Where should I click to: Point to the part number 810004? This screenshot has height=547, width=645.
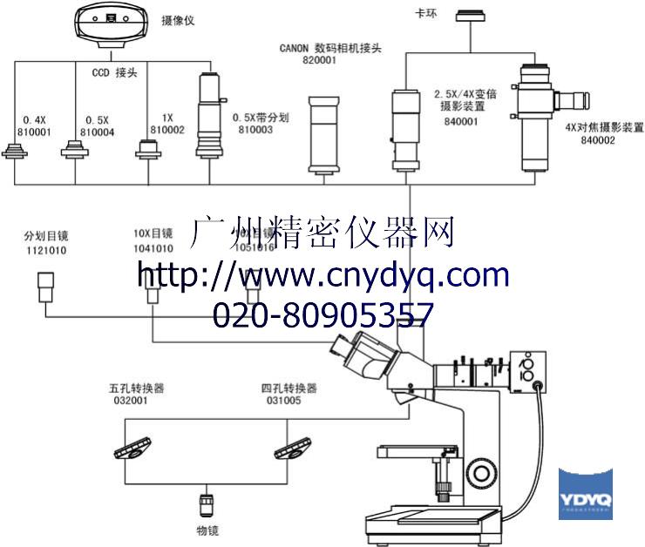[97, 132]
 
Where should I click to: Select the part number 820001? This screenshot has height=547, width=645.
[320, 61]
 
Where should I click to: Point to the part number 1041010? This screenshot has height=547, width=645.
[153, 248]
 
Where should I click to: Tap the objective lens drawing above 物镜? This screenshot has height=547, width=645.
[207, 506]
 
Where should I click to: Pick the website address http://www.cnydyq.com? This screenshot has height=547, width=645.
[323, 275]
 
